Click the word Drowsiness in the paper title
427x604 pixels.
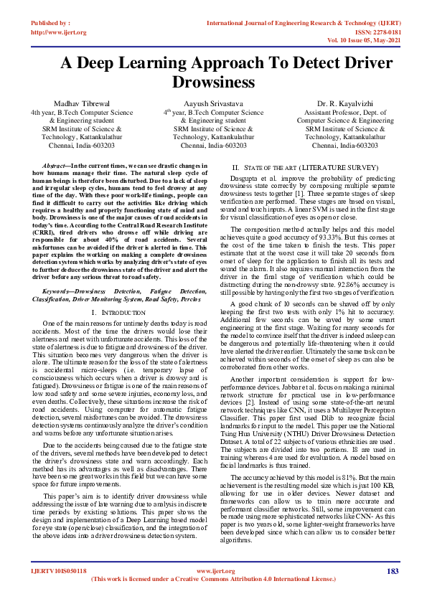[213, 82]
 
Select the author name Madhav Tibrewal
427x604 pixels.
[81, 104]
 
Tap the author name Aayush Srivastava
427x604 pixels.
[213, 104]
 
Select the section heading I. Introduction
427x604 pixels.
[120, 313]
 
